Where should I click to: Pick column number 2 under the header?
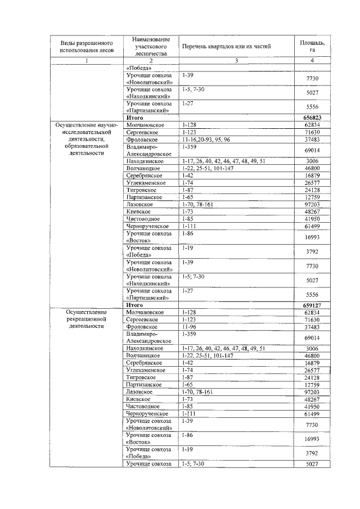tap(151, 61)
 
